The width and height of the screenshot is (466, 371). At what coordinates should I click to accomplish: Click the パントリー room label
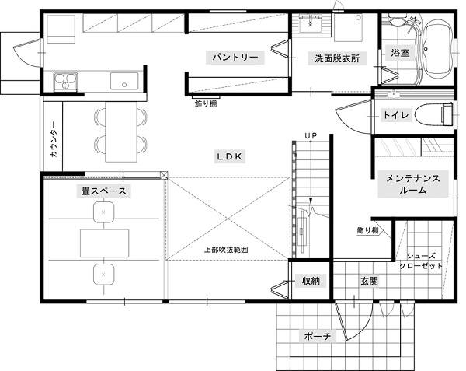coord(235,57)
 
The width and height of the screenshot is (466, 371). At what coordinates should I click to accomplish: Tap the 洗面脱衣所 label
coord(337,58)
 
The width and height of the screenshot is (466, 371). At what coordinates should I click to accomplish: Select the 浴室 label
coord(400,53)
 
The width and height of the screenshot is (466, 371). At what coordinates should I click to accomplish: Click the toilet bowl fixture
coord(433,115)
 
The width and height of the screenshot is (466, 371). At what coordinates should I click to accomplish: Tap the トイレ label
coord(396,115)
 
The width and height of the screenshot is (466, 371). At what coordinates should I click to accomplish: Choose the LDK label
coord(229,156)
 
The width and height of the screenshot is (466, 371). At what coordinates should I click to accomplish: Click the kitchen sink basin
coord(124,81)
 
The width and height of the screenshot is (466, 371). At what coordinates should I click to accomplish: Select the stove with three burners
coord(65,82)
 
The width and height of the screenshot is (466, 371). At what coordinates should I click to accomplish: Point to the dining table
coord(121,131)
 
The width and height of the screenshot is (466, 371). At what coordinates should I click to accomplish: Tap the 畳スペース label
coord(104,191)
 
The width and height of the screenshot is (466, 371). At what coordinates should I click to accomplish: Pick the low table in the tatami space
coord(105,243)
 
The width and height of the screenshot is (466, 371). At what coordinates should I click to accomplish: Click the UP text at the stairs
coord(311,135)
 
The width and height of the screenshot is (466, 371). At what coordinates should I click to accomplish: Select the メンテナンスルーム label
coord(413,184)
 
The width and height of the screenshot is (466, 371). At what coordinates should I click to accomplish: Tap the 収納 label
coord(311,281)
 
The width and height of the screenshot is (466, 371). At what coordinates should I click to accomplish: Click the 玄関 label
coord(369,281)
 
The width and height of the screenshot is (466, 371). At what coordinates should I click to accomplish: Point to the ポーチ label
coord(318,336)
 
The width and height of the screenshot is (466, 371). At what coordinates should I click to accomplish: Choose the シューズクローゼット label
coord(421,261)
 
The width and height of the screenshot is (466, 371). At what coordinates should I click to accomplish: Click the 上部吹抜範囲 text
coord(226,250)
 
